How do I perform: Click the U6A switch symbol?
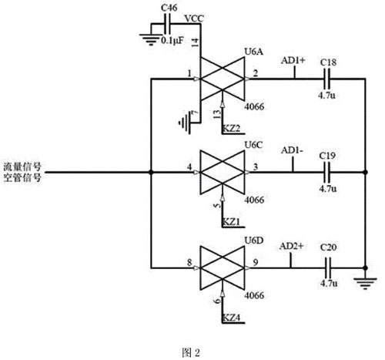(223, 77)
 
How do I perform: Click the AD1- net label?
(292, 150)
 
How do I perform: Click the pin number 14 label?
(195, 39)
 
